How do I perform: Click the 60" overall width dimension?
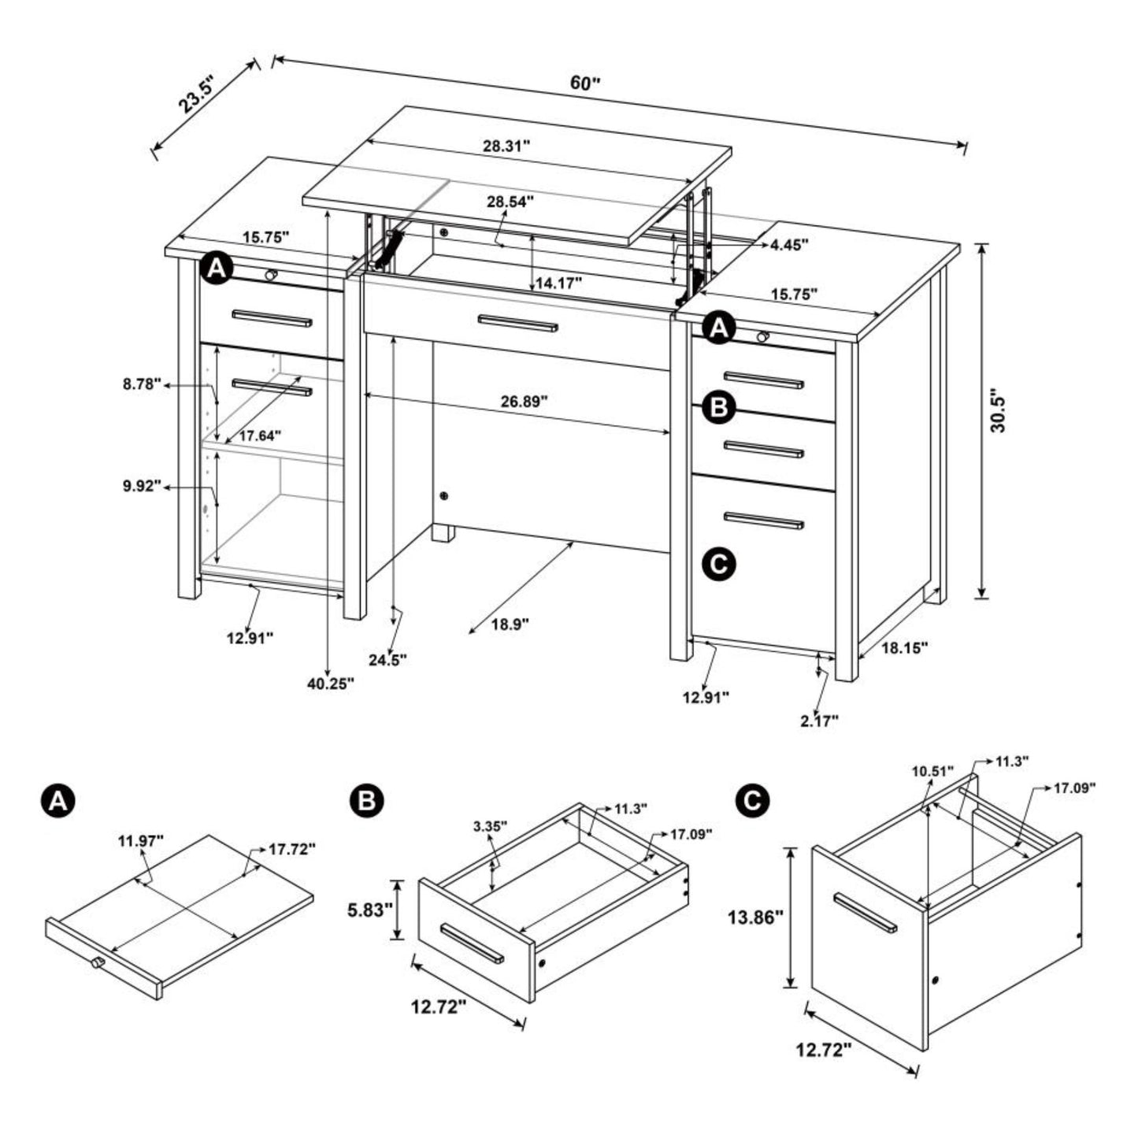click(x=584, y=83)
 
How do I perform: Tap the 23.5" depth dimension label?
click(x=199, y=93)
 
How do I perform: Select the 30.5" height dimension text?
click(x=998, y=410)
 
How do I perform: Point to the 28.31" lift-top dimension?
click(x=506, y=146)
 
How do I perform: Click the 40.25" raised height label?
click(x=331, y=684)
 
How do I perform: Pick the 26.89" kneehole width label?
click(x=525, y=402)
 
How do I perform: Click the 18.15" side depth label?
click(x=904, y=648)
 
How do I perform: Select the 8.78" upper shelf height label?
click(x=142, y=384)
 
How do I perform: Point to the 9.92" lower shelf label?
click(x=142, y=486)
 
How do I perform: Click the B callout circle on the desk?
click(x=719, y=407)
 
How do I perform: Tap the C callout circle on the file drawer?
click(x=719, y=564)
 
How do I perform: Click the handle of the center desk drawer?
click(x=517, y=323)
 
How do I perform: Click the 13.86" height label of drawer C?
click(x=755, y=933)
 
